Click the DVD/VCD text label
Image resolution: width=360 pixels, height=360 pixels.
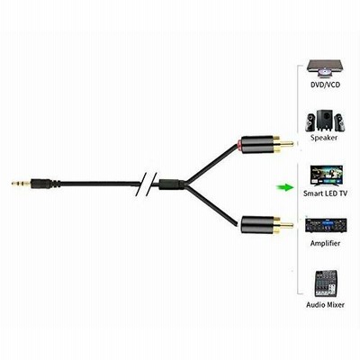pyautogui.click(x=325, y=85)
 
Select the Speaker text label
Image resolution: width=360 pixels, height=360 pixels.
pyautogui.click(x=324, y=138)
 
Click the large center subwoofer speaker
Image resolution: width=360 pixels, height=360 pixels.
pyautogui.click(x=324, y=120)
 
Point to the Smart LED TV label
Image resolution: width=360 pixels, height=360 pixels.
pyautogui.click(x=325, y=193)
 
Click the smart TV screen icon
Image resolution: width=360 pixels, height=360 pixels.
pyautogui.click(x=326, y=176)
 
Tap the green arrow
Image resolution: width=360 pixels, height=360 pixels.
pyautogui.click(x=285, y=188)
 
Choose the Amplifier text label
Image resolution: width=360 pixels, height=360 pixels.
pyautogui.click(x=325, y=243)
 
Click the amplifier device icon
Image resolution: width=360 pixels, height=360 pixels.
pyautogui.click(x=326, y=225)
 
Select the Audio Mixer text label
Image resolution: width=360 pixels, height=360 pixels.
pyautogui.click(x=325, y=305)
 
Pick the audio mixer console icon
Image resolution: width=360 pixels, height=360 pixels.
pyautogui.click(x=326, y=283)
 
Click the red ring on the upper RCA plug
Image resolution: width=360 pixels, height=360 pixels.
pyautogui.click(x=238, y=144)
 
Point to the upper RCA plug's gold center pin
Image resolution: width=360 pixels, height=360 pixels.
pyautogui.click(x=286, y=143)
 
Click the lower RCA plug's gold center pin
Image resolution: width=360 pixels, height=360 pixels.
pyautogui.click(x=286, y=224)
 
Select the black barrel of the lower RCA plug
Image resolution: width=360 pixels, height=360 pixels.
pyautogui.click(x=256, y=225)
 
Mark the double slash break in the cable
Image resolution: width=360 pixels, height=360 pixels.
pyautogui.click(x=146, y=184)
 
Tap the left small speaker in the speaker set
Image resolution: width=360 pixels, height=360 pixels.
pyautogui.click(x=310, y=122)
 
